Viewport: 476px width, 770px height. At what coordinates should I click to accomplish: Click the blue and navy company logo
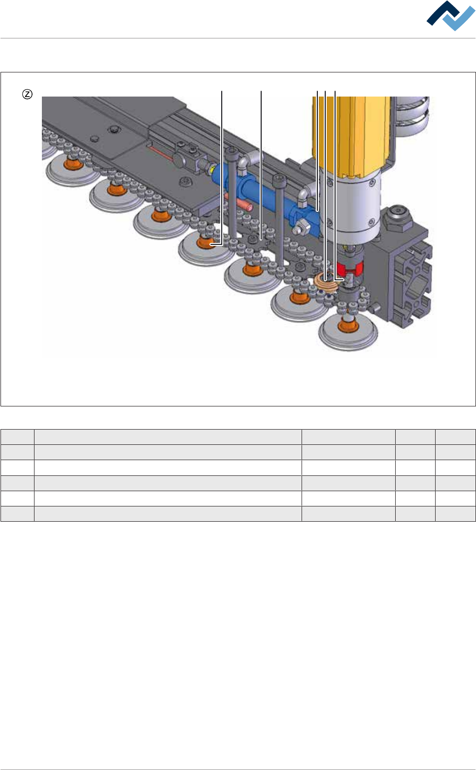tap(450, 15)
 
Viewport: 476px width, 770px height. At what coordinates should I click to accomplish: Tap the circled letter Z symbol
tap(28, 94)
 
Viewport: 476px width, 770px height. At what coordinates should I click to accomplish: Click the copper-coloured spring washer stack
tap(325, 284)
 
